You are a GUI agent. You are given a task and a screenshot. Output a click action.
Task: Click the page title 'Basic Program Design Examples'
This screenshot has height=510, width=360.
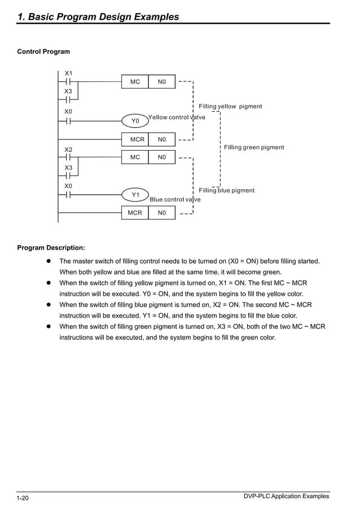[98, 17]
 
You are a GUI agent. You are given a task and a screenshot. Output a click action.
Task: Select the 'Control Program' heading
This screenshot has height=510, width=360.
[43, 52]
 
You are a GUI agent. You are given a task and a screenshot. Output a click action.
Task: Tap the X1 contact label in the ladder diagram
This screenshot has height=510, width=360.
[68, 73]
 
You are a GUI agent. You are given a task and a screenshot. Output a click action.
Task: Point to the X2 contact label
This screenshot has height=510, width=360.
[68, 150]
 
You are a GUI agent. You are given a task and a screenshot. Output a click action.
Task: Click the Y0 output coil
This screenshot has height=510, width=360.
[135, 121]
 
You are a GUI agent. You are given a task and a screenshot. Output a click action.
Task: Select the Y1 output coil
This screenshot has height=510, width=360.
[135, 195]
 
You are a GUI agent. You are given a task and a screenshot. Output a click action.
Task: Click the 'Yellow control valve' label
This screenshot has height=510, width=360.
[177, 117]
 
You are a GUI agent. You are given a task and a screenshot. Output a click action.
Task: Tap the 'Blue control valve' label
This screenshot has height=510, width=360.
[175, 199]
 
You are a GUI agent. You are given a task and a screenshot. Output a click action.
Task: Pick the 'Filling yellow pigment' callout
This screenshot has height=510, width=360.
[230, 106]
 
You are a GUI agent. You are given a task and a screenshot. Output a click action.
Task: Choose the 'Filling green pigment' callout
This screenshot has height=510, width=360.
[254, 147]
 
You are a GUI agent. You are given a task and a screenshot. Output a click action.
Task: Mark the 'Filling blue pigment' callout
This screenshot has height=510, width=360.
[226, 190]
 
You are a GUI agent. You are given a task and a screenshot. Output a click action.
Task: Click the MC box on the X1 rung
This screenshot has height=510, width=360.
[135, 82]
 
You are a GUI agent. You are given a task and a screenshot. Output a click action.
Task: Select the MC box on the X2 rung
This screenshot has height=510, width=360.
[135, 157]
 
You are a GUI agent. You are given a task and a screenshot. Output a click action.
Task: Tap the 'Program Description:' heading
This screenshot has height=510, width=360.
[51, 247]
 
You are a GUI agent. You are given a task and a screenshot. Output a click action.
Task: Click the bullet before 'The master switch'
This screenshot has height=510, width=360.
[49, 261]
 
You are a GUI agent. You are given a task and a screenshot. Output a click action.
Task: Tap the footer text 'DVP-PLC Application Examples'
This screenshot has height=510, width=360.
[286, 496]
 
